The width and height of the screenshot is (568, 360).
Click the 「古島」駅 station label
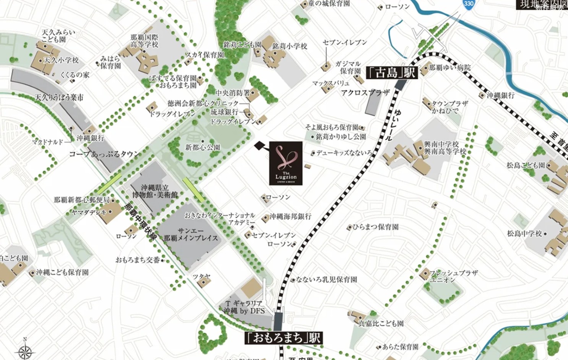point(391,72)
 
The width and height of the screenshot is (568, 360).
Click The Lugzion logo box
point(286,163)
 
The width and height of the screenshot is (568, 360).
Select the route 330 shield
point(469,3)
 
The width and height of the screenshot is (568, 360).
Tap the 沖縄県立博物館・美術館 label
point(155,191)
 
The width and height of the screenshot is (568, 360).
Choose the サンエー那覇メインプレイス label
point(191,234)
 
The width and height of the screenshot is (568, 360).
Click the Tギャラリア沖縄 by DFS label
point(244,307)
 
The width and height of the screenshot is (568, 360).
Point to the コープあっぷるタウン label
point(104,154)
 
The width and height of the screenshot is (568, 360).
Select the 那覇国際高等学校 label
point(144,41)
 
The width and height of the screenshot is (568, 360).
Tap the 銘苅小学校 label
point(290,46)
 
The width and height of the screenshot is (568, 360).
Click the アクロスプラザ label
point(365,92)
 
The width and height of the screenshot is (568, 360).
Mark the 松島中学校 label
point(524,233)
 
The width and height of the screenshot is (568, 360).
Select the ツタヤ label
point(201,276)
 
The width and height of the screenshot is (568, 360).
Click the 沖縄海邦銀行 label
point(290,216)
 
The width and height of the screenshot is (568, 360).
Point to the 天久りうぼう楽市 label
point(59,97)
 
